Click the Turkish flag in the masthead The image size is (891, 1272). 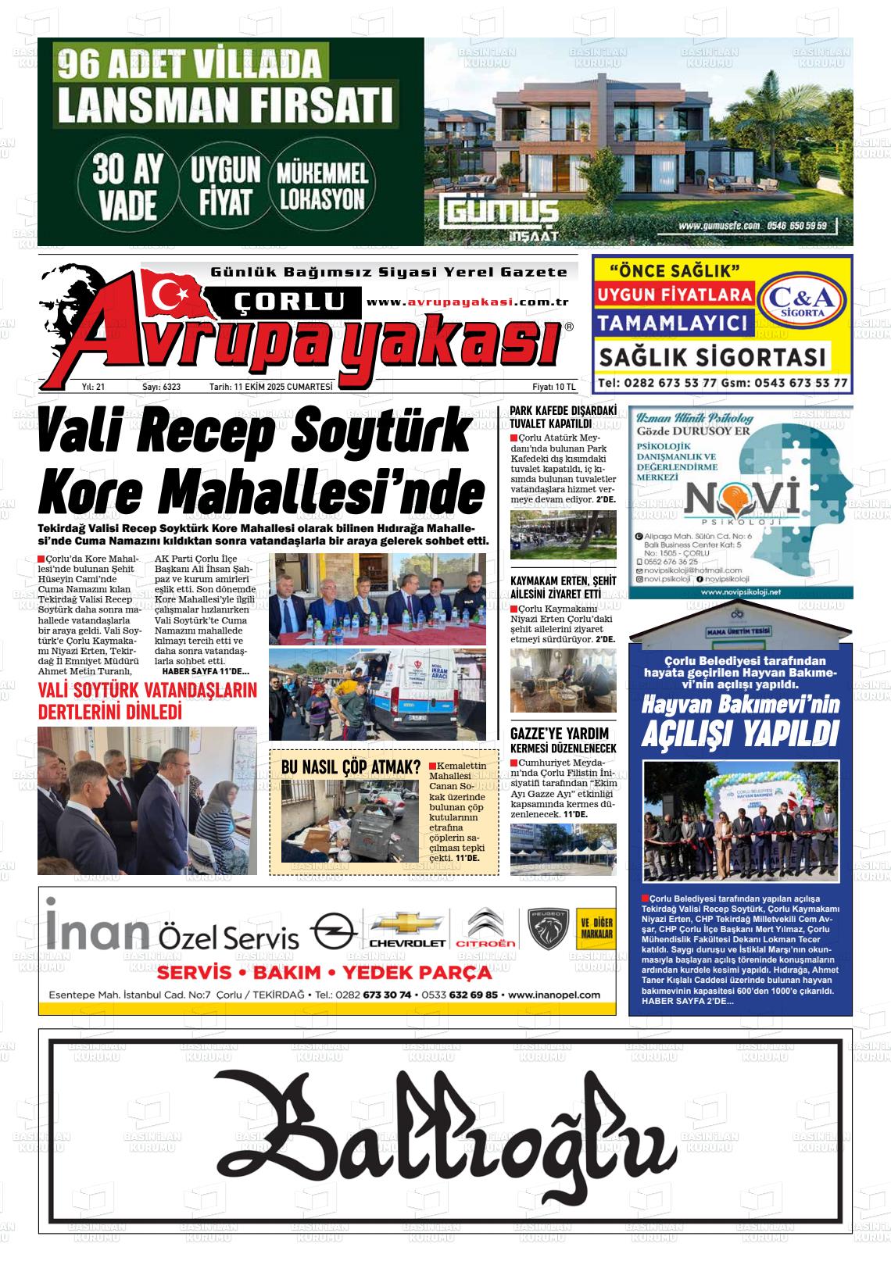[168, 295]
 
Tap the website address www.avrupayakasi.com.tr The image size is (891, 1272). [467, 302]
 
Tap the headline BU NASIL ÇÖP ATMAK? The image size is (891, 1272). [351, 767]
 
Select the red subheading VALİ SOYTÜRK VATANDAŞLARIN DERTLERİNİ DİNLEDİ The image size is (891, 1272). [148, 702]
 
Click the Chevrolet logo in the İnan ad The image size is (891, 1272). [406, 931]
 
